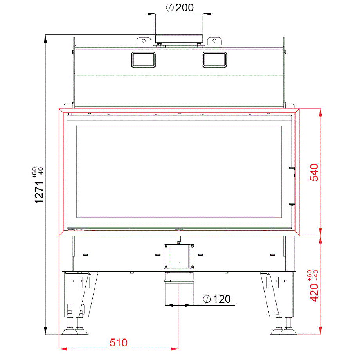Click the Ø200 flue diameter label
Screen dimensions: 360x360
(x=180, y=8)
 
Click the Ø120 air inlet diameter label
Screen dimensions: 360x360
(x=217, y=299)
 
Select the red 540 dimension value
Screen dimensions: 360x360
(x=314, y=173)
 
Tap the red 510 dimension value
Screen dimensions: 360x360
(x=119, y=342)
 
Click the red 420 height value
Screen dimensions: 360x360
(x=314, y=293)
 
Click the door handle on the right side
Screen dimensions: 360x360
(x=292, y=186)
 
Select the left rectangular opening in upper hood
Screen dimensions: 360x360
(x=144, y=60)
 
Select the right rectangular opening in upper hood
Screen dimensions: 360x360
(x=215, y=60)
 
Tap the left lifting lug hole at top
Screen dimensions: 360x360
(x=144, y=41)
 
